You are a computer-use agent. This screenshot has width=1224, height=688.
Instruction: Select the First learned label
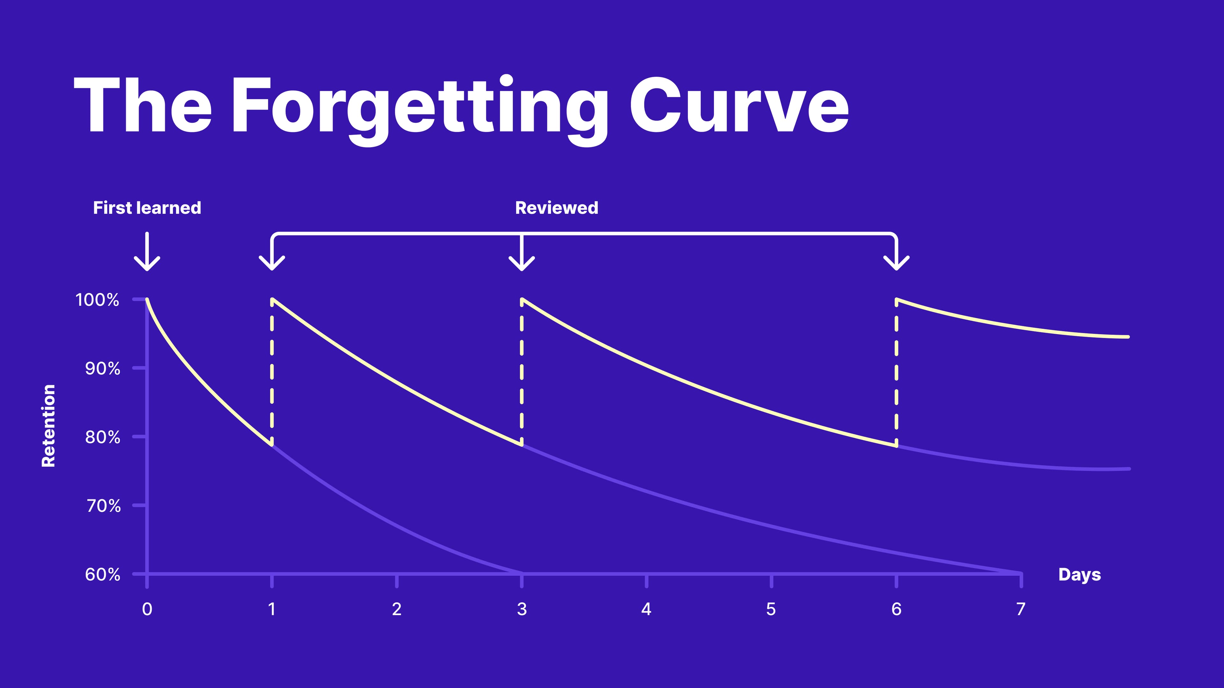[x=147, y=208]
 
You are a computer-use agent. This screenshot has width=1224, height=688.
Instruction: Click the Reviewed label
[x=557, y=208]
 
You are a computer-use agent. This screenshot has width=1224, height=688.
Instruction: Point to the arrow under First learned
[x=147, y=252]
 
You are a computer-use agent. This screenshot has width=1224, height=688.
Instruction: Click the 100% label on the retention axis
[x=98, y=300]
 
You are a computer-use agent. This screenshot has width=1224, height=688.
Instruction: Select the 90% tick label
[x=103, y=369]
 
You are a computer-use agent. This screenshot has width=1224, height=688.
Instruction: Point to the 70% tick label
[x=103, y=506]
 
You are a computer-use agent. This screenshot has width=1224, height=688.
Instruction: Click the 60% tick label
[x=103, y=575]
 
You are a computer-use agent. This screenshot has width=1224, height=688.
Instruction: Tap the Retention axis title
[x=48, y=426]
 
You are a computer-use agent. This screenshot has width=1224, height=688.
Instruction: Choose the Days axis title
[x=1080, y=575]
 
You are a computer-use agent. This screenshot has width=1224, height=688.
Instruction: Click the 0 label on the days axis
[x=147, y=609]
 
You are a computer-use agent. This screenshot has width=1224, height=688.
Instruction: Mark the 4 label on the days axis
[x=646, y=609]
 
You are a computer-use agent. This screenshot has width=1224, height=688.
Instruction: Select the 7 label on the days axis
[x=1021, y=609]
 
